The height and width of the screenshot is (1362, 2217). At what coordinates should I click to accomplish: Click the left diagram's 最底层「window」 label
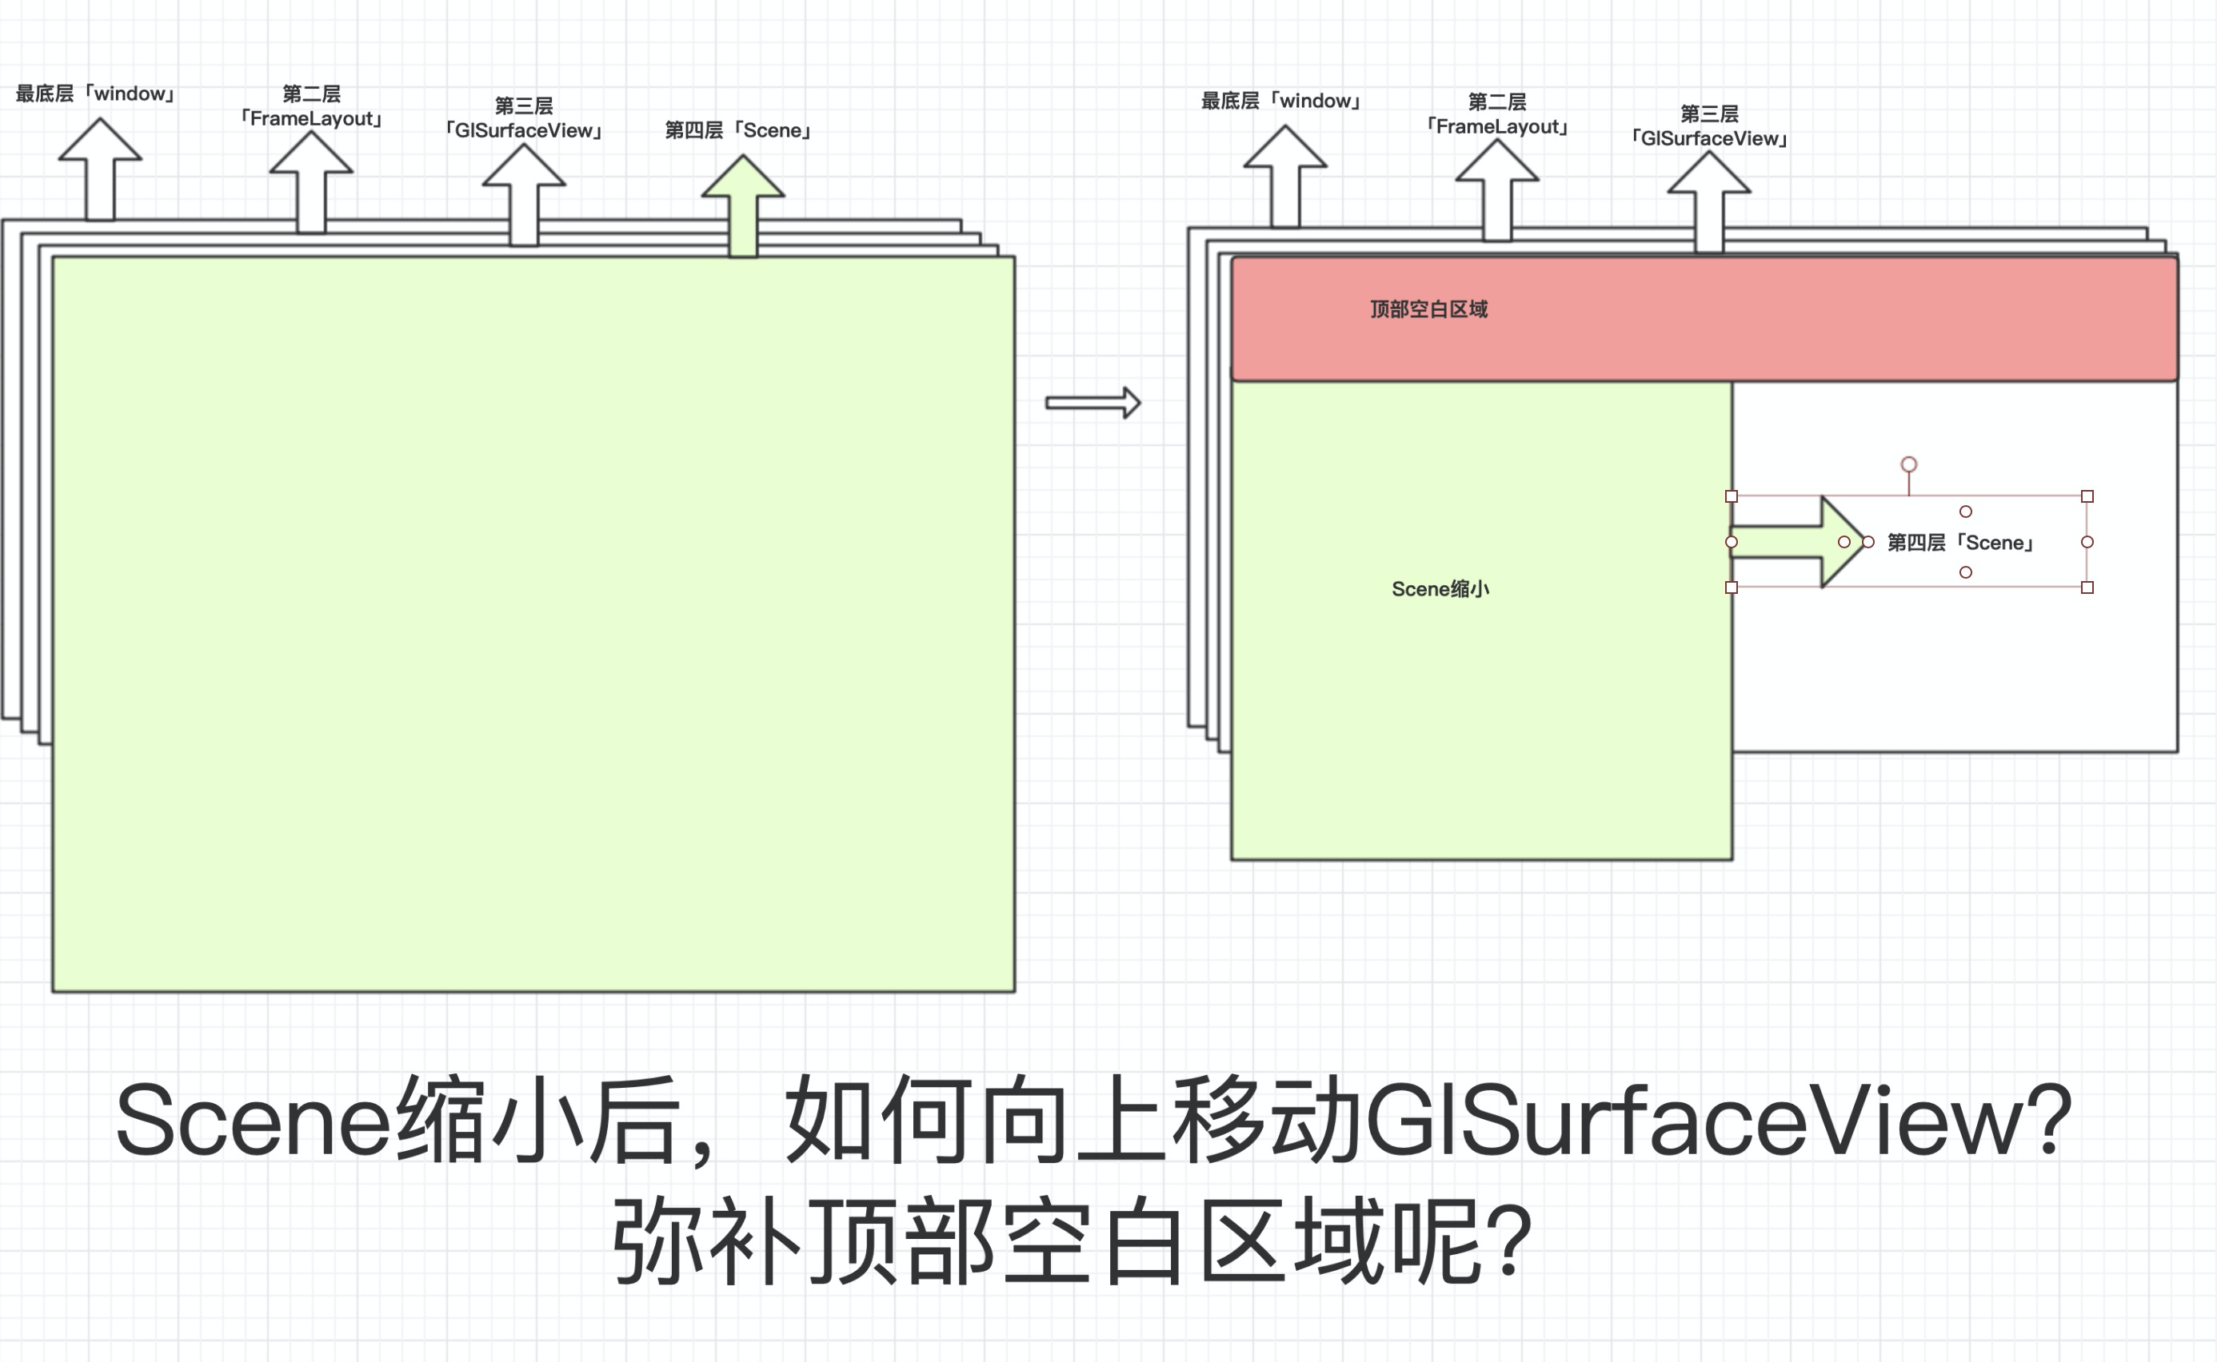coord(94,94)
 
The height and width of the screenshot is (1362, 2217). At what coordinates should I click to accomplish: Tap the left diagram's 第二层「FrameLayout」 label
coord(311,107)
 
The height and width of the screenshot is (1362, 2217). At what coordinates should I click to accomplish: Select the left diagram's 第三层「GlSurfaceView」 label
coord(524,119)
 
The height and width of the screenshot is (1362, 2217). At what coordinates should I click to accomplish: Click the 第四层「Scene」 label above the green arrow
coord(738,130)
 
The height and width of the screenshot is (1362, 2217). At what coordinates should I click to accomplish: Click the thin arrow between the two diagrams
coord(1093,403)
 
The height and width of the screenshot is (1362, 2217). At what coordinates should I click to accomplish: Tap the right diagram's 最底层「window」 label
coord(1280,101)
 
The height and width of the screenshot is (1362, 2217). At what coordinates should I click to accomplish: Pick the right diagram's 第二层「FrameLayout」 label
coord(1497,114)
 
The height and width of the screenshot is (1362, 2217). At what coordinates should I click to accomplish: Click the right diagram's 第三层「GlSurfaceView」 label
coord(1708,126)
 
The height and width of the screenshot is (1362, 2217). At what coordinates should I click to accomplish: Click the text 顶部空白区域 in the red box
coord(1428,310)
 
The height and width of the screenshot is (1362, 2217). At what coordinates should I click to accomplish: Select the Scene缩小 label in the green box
coord(1440,589)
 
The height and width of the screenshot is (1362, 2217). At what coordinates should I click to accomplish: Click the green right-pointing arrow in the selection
coord(1793,542)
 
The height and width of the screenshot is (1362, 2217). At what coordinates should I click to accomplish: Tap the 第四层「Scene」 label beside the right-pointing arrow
coord(1960,542)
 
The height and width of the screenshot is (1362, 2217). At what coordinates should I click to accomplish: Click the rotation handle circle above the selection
coord(1909,465)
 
